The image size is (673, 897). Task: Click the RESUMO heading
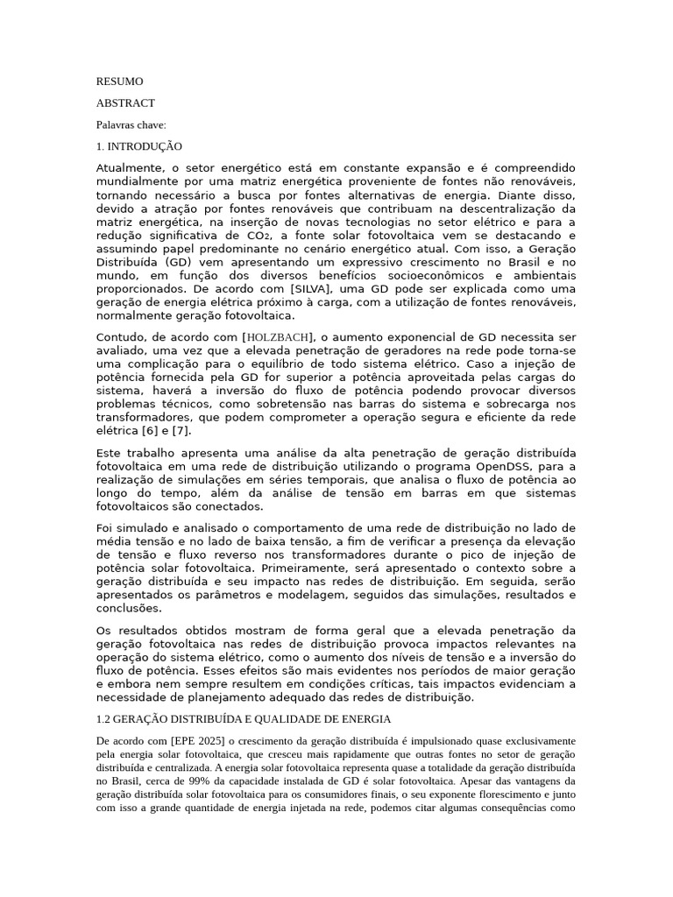[119, 81]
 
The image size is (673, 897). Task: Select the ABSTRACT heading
[125, 103]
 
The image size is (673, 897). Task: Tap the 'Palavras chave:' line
[131, 125]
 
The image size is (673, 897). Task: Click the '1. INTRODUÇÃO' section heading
[139, 146]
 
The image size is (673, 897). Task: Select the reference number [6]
[150, 430]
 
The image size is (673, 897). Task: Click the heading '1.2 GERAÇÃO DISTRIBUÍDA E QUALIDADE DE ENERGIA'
[243, 719]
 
